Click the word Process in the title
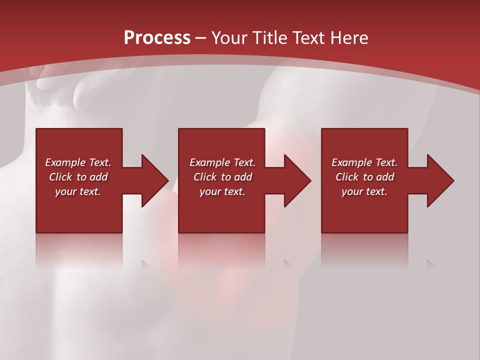point(157,38)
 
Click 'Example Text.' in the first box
point(78,162)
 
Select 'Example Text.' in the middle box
point(222,162)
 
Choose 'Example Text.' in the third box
point(364,162)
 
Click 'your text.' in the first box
point(78,191)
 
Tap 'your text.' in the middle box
point(222,191)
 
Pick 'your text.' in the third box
point(364,191)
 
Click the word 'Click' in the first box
point(61,177)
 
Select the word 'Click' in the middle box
point(205,177)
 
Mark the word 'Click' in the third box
point(347,177)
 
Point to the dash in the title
point(201,38)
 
